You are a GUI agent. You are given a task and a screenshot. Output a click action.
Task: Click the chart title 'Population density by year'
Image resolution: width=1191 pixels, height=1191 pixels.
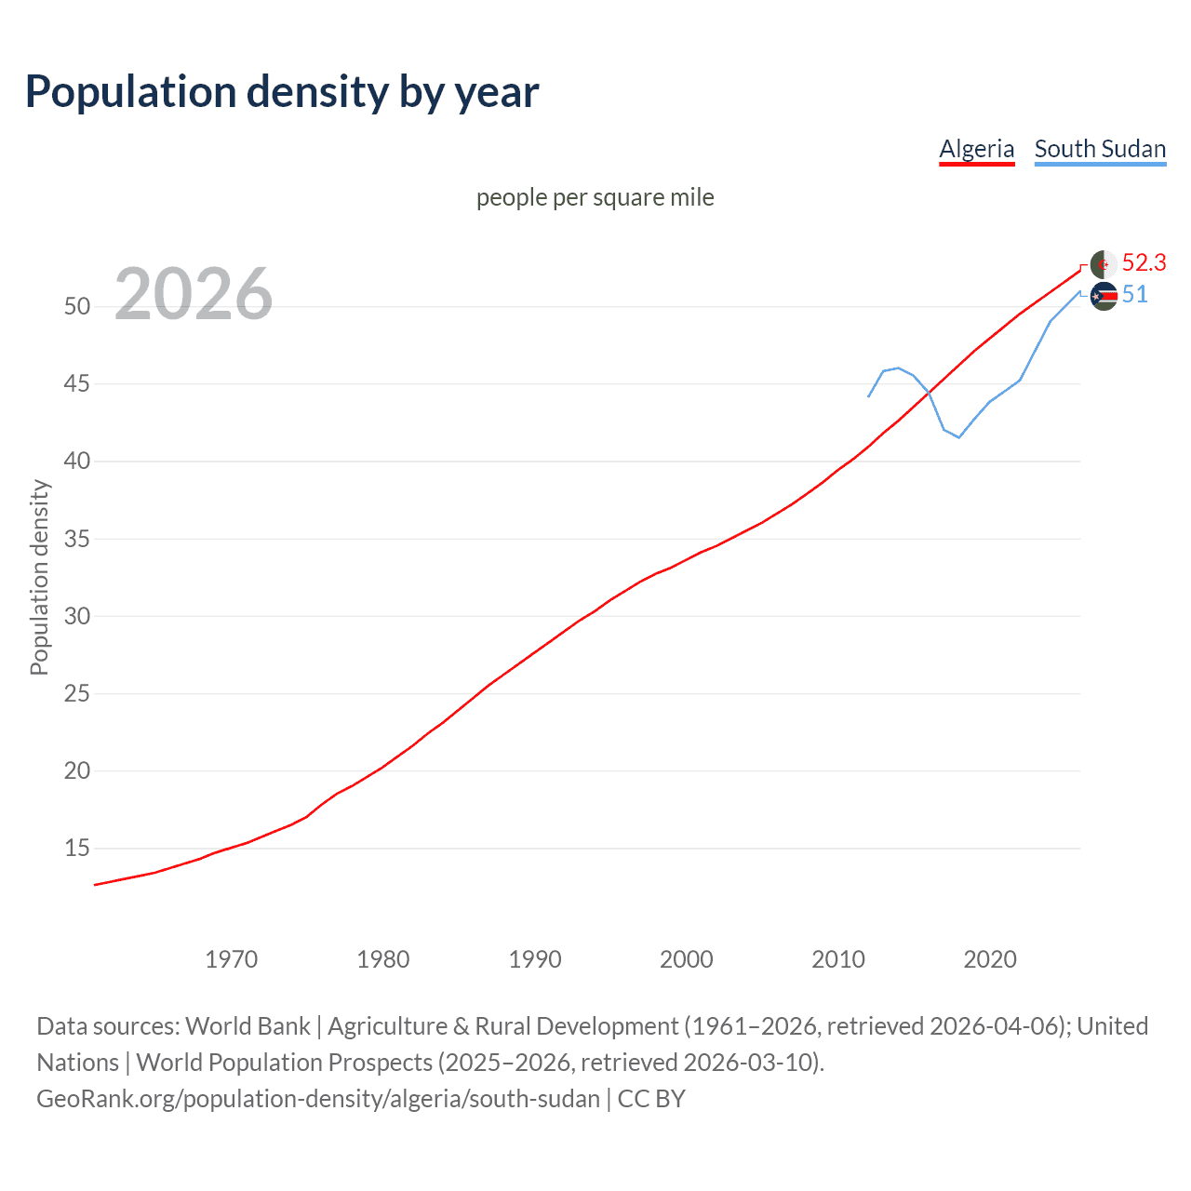click(x=282, y=92)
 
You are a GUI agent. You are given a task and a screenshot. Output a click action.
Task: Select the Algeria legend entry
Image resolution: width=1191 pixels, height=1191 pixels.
click(x=976, y=149)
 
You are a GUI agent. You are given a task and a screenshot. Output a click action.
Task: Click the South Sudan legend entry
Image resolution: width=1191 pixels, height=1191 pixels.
click(x=1100, y=149)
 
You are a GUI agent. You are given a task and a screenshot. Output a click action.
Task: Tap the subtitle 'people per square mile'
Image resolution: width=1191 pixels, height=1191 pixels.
click(x=595, y=197)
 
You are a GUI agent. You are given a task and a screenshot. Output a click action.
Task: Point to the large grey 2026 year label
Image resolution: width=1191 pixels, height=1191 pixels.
click(x=194, y=294)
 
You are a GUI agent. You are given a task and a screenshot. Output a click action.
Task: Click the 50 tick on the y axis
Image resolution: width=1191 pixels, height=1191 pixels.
click(x=77, y=306)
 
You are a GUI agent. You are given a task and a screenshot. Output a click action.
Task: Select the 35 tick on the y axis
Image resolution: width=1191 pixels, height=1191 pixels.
click(x=77, y=539)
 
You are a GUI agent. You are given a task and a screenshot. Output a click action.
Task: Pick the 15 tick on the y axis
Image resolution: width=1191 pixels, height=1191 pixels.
click(x=77, y=848)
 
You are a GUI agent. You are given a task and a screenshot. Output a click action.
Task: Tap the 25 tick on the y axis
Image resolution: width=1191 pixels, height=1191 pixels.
click(x=77, y=693)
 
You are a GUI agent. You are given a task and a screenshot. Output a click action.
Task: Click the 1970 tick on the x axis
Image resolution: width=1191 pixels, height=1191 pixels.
click(x=231, y=959)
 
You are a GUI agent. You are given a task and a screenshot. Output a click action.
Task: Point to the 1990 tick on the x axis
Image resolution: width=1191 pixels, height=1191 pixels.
click(x=535, y=959)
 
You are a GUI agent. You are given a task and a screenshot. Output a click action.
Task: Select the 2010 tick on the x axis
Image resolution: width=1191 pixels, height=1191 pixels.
click(x=838, y=959)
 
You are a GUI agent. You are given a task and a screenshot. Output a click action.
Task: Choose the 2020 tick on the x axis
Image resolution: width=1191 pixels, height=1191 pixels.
click(x=990, y=959)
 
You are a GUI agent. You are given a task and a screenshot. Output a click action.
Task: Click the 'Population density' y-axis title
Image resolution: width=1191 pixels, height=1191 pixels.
click(x=39, y=577)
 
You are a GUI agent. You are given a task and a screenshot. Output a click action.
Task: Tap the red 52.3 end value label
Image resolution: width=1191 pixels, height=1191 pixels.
click(x=1144, y=263)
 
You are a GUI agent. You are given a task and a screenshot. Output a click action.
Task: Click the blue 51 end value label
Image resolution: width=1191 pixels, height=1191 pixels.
click(x=1134, y=295)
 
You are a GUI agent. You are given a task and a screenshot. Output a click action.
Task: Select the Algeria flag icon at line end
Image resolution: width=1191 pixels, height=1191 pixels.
click(x=1104, y=264)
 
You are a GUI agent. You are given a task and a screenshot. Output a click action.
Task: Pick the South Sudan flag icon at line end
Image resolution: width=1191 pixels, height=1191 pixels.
click(x=1104, y=297)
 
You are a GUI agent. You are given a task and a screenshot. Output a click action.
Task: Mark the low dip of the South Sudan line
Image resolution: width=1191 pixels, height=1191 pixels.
click(x=958, y=436)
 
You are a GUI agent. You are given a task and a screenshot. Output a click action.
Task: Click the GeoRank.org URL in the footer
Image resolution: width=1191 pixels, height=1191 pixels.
click(x=318, y=1099)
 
